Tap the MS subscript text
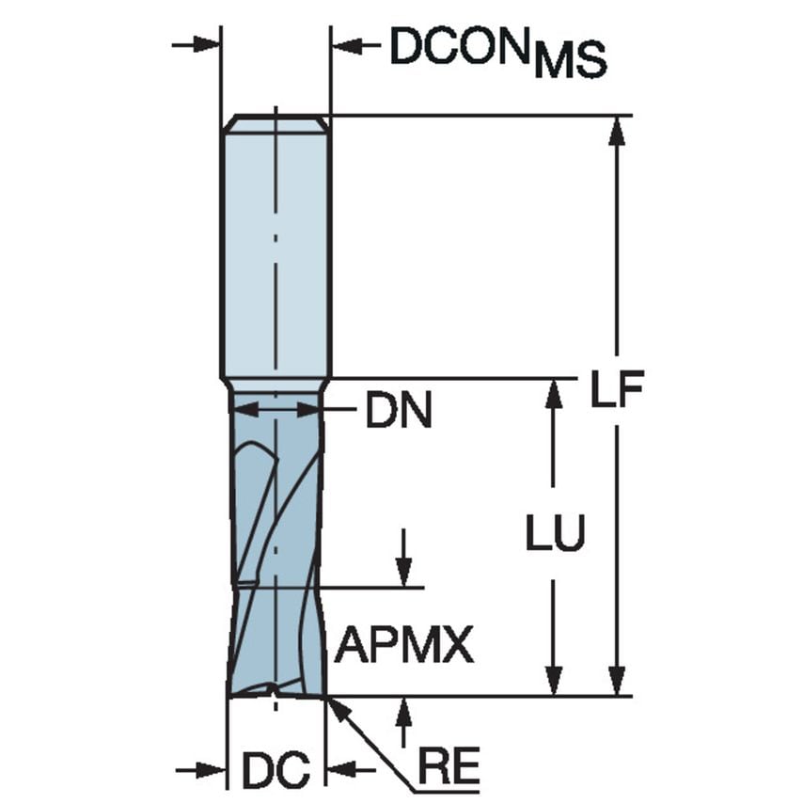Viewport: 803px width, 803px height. [571, 64]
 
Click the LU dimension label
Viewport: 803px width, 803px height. [555, 534]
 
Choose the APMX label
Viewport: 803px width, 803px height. [404, 646]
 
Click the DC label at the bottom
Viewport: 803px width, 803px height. [276, 772]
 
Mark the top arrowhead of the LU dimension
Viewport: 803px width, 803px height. [555, 395]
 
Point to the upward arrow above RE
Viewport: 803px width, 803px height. [404, 712]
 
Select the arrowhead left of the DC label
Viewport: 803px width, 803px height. [213, 770]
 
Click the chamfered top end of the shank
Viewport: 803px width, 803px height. [275, 123]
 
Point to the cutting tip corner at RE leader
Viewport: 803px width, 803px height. [324, 696]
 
